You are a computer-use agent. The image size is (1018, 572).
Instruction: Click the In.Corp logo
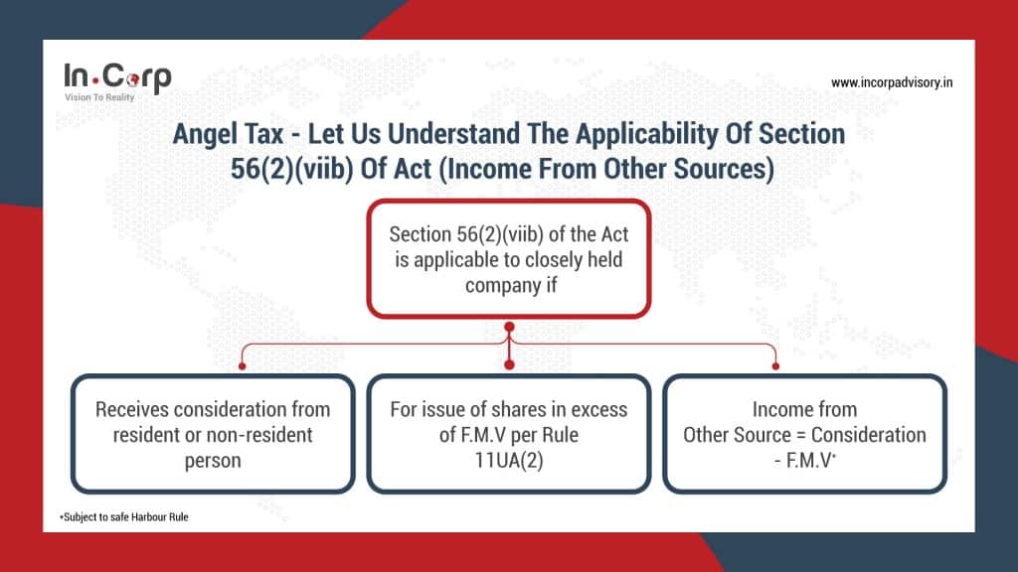point(117,81)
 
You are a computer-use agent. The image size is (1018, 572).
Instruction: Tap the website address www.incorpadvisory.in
point(892,82)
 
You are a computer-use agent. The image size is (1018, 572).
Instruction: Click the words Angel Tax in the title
point(228,134)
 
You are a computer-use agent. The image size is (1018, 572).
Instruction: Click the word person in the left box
point(213,461)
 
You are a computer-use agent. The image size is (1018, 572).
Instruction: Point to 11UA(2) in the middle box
point(509,460)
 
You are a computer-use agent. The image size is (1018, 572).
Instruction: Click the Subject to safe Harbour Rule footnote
point(124,516)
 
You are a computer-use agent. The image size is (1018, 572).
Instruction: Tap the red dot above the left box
point(243,366)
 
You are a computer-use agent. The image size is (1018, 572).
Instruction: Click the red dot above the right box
point(775,366)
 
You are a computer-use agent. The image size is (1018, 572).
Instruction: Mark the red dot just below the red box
point(509,327)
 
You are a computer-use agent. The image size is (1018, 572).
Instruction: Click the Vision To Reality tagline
point(99,97)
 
